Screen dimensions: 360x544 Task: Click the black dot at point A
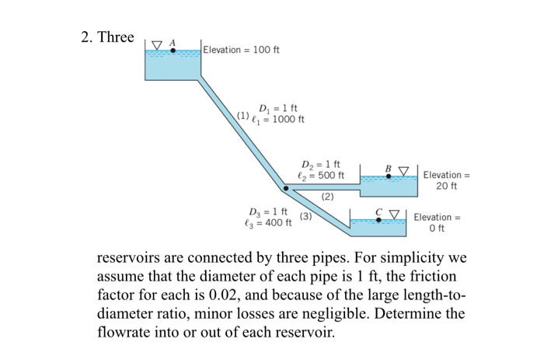click(x=173, y=51)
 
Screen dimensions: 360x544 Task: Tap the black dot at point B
click(x=389, y=177)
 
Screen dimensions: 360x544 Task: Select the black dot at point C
click(x=378, y=219)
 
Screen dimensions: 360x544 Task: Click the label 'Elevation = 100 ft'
click(x=242, y=50)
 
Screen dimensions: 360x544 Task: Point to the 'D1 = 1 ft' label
click(x=277, y=108)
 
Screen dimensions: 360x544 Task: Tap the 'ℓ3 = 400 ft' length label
click(x=268, y=223)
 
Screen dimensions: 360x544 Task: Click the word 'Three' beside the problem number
click(x=116, y=37)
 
